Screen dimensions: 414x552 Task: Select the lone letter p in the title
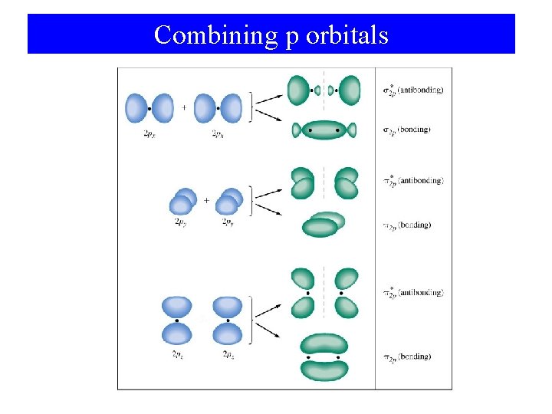point(291,37)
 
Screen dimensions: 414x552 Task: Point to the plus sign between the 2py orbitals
point(206,199)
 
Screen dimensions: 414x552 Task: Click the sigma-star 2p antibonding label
point(412,90)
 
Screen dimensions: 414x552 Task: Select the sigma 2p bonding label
point(406,130)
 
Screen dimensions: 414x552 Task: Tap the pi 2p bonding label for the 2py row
point(406,225)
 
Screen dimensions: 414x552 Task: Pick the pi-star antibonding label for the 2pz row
point(412,292)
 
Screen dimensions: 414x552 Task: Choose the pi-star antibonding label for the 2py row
point(412,181)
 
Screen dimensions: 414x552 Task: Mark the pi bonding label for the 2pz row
point(406,356)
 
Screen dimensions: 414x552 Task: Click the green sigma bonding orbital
point(324,130)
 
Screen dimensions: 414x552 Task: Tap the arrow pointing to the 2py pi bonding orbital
point(268,209)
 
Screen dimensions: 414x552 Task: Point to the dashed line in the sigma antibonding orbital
point(324,90)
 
